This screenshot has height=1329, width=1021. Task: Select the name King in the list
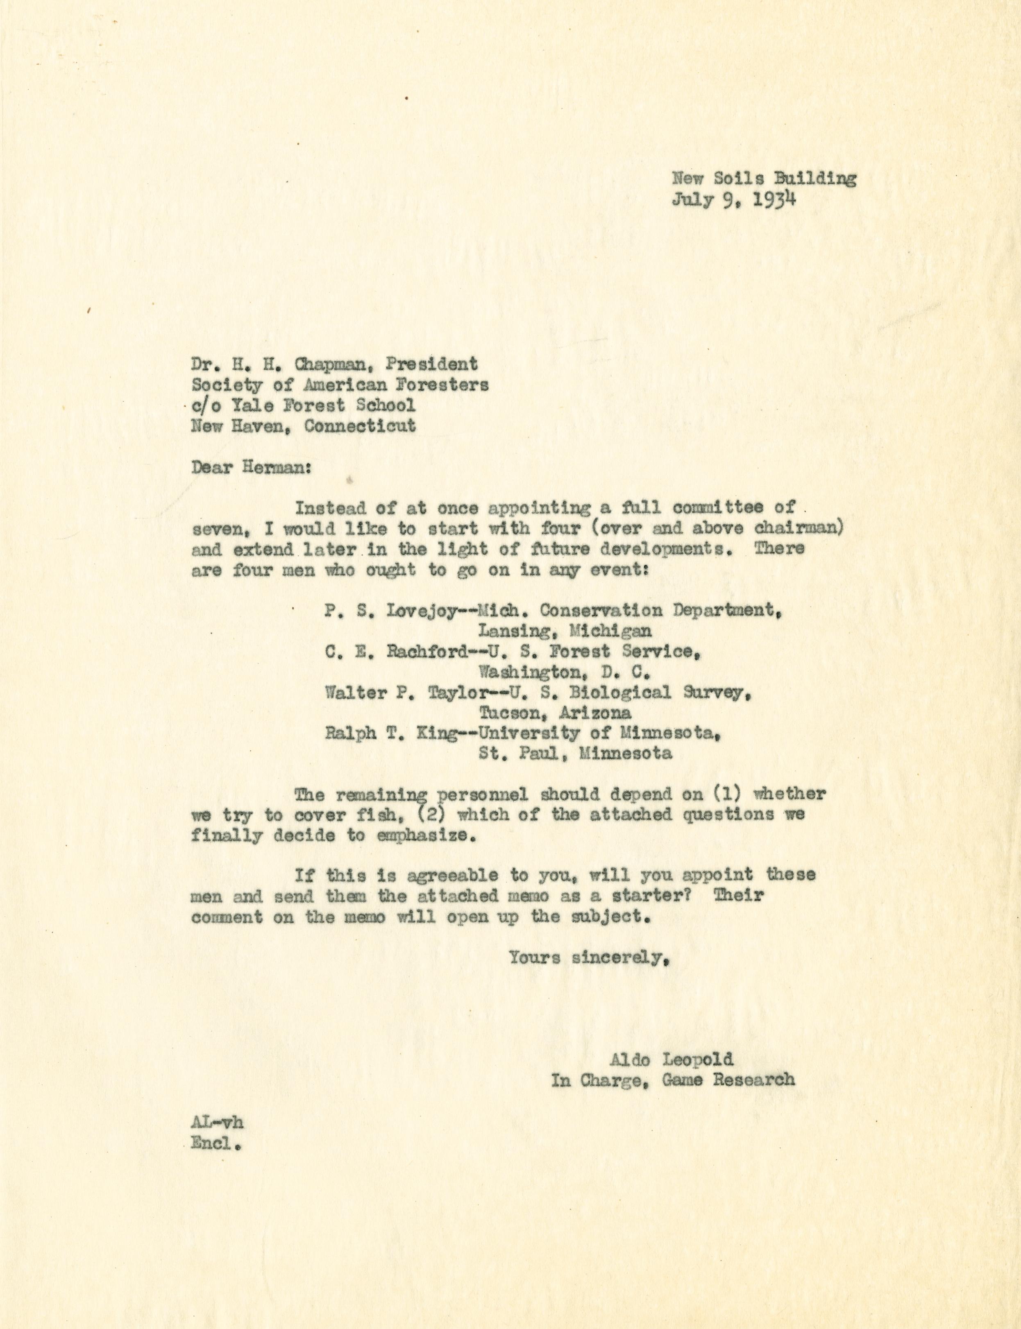tap(435, 733)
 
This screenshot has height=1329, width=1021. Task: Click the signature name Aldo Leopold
tap(672, 1060)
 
